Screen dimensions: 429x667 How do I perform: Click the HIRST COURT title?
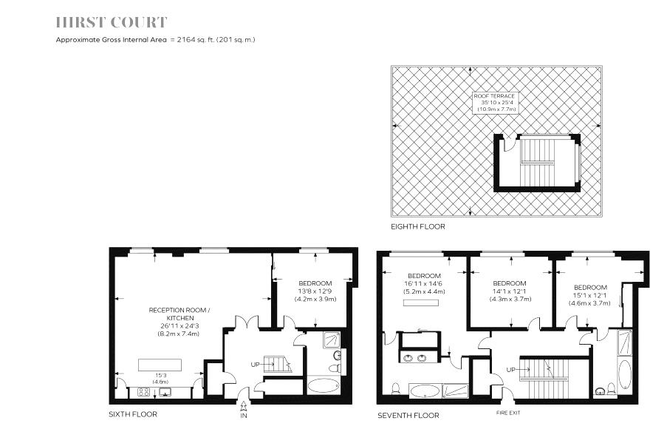click(x=112, y=23)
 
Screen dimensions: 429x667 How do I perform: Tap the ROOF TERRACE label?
click(x=495, y=96)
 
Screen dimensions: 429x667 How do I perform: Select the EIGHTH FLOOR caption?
click(x=418, y=226)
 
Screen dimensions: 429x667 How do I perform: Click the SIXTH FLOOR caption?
click(x=133, y=415)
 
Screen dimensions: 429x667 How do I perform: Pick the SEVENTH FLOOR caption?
click(x=408, y=415)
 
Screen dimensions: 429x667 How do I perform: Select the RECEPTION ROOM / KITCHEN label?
click(x=179, y=314)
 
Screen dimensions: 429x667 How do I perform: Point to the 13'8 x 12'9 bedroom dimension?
click(x=315, y=291)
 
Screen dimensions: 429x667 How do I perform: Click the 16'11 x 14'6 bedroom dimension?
click(x=424, y=284)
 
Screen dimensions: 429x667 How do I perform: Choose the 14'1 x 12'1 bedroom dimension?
click(x=510, y=291)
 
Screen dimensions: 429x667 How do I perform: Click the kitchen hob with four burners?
click(x=144, y=391)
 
